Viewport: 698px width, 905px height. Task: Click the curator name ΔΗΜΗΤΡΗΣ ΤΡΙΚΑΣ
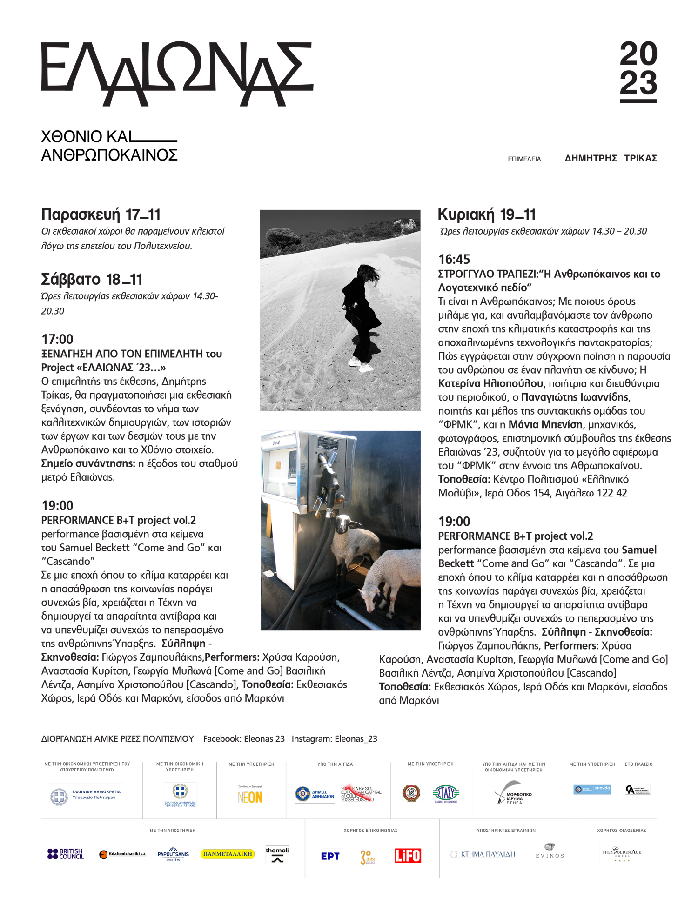[611, 158]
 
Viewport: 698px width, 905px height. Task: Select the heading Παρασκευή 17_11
[101, 215]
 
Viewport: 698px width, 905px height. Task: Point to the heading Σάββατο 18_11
[92, 279]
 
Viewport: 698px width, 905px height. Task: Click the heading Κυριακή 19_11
[486, 215]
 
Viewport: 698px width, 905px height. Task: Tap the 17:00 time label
[57, 339]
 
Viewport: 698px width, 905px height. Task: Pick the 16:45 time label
[454, 259]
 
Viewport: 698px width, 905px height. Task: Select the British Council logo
[66, 854]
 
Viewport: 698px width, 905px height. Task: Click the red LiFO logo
[408, 855]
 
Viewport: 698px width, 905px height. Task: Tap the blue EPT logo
[330, 856]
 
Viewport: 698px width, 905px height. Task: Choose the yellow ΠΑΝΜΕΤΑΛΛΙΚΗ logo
[228, 854]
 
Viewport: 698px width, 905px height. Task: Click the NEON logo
[250, 797]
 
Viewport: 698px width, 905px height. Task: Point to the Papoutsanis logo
[173, 854]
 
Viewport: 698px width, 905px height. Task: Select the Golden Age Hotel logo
[622, 853]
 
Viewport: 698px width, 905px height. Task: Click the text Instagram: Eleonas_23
[334, 739]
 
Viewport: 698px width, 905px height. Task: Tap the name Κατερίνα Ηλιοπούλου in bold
[490, 384]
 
